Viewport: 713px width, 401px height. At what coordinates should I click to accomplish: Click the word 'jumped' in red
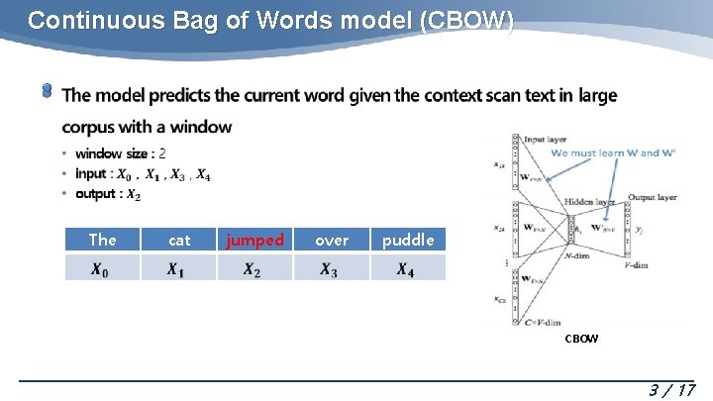(x=255, y=240)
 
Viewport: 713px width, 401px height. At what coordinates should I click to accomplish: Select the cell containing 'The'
(x=102, y=240)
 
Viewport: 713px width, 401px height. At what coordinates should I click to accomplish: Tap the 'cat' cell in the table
(x=179, y=240)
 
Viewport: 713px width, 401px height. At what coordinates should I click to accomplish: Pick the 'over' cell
(x=332, y=240)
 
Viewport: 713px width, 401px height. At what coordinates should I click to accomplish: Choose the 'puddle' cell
(x=408, y=240)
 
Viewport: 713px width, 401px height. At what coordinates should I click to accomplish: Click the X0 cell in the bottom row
(x=102, y=268)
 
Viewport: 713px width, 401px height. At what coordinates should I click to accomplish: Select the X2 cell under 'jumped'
(x=255, y=268)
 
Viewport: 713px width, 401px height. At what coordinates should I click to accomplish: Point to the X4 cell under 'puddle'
(x=408, y=268)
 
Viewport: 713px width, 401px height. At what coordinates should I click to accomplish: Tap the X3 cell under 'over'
(x=332, y=268)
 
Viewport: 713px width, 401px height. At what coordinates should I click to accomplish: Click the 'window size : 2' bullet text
(x=120, y=153)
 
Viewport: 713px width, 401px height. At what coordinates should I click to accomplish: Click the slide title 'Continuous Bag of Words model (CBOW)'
(x=270, y=21)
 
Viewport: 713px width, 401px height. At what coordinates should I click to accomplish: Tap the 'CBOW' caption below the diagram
(x=581, y=339)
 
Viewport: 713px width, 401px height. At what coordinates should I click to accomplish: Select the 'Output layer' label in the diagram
(x=653, y=197)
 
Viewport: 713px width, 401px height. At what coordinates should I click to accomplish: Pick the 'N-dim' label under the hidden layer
(x=576, y=255)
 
